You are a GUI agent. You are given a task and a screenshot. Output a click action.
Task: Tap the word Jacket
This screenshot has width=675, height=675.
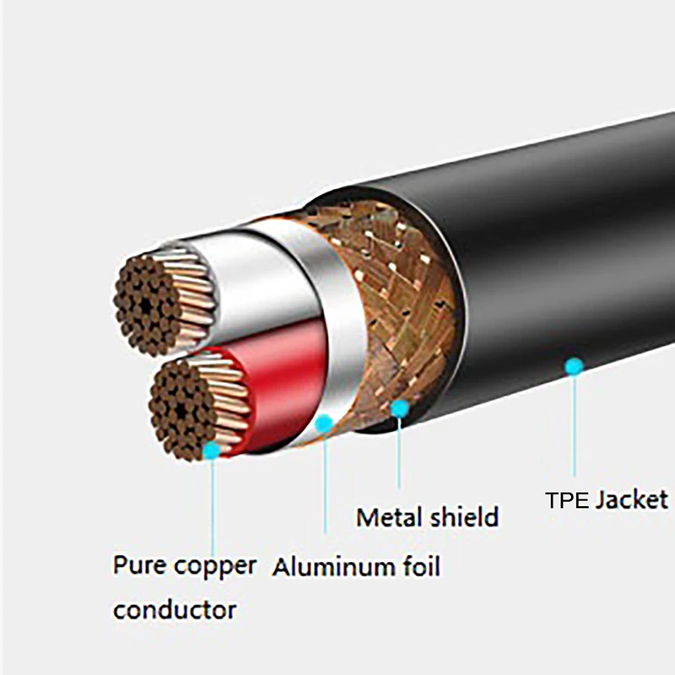(631, 499)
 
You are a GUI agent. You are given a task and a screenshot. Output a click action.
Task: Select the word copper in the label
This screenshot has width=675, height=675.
(214, 566)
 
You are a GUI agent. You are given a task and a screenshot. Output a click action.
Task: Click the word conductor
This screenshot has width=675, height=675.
(175, 608)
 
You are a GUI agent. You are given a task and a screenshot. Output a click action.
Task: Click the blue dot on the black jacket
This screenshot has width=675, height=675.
(574, 366)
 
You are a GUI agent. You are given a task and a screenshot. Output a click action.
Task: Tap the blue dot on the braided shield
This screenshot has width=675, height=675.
(400, 409)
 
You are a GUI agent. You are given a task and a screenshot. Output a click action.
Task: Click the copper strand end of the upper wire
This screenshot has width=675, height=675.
(152, 304)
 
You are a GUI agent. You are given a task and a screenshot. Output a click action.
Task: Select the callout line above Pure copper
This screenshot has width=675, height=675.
(212, 506)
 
